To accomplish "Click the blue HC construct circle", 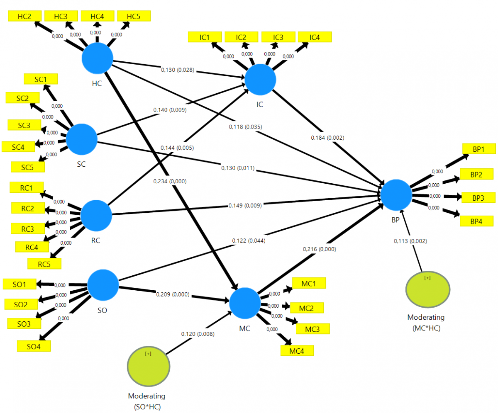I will click(x=98, y=59).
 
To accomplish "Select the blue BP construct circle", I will click(x=396, y=195).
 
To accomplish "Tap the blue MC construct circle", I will click(x=245, y=303).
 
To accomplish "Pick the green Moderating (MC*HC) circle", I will click(x=428, y=289).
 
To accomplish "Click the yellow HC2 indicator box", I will click(x=25, y=16).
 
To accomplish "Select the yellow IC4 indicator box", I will click(x=315, y=37).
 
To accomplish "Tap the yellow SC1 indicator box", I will click(x=41, y=79).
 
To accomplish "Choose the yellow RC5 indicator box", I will click(x=44, y=263).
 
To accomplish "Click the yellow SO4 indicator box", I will click(x=34, y=346).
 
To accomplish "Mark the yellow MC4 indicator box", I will click(x=297, y=350).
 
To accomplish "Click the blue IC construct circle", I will click(x=260, y=80).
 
